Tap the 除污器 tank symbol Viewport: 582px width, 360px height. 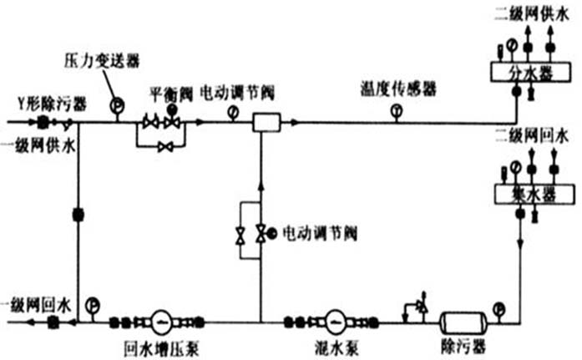coord(460,320)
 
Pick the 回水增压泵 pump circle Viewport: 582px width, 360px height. coord(159,320)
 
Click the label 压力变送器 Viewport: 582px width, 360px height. coord(101,61)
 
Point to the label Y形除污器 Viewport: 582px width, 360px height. coord(51,103)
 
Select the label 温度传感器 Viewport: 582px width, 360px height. coord(398,88)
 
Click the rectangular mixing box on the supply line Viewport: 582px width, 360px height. coord(265,123)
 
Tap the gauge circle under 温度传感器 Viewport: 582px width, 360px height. coord(397,110)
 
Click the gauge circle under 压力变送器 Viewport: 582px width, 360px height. coord(116,104)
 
